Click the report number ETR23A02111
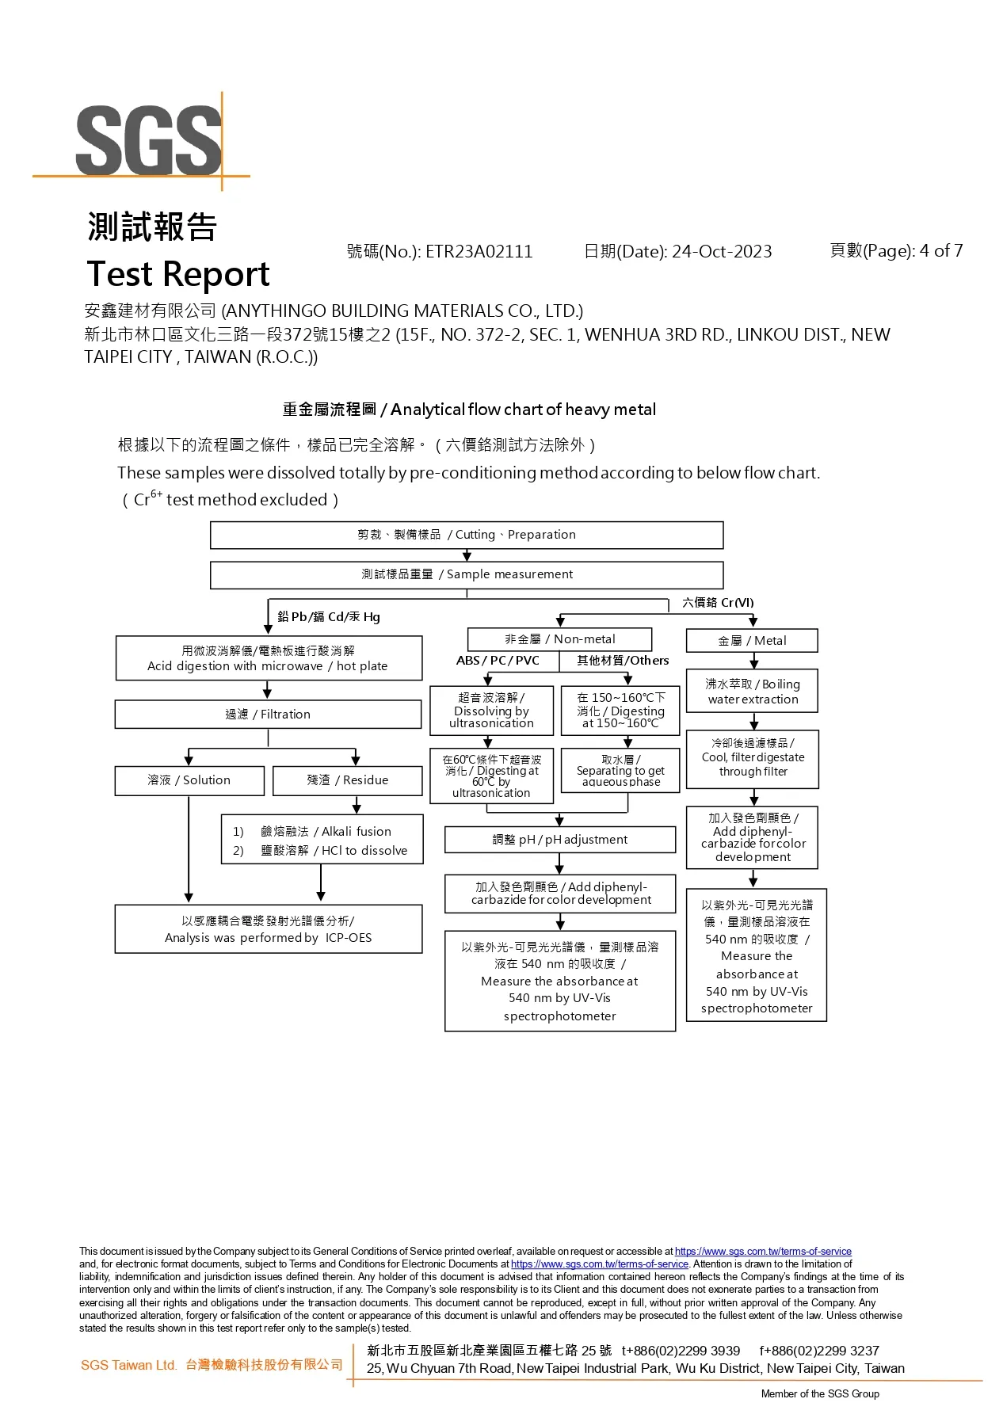[479, 252]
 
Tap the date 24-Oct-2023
[722, 252]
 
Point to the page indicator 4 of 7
[941, 251]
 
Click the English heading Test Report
[178, 274]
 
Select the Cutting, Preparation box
[467, 535]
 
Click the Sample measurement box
[467, 574]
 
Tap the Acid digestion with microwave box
[269, 658]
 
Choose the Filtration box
[268, 715]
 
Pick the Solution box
[189, 780]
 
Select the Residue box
[348, 780]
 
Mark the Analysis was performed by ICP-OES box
[269, 929]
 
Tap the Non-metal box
[560, 639]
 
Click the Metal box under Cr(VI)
[752, 641]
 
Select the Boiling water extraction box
[752, 692]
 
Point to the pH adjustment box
[560, 840]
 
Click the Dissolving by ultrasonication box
[491, 711]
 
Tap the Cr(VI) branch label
[719, 603]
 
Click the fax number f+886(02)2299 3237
[819, 1351]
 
